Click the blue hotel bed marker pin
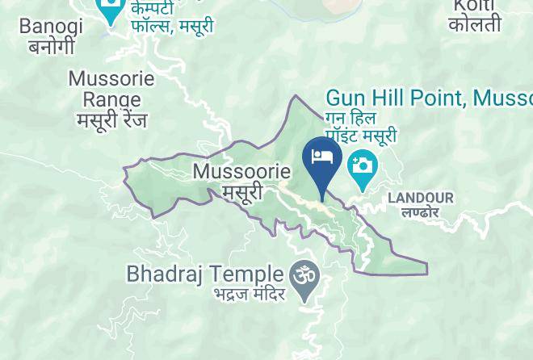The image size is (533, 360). pos(321,157)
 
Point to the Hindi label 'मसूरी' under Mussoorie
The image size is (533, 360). pos(242,192)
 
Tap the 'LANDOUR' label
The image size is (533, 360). pos(421,198)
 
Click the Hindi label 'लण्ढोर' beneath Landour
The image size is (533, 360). pos(420,213)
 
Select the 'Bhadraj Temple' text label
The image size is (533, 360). pos(205,274)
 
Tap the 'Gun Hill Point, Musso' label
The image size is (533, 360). pos(429,99)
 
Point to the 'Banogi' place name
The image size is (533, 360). pos(51,27)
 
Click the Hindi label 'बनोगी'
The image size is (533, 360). pos(52,46)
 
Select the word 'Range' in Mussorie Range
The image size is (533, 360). pos(111,100)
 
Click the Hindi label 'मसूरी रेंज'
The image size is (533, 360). pos(112,119)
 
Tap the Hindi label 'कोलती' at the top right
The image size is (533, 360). pos(475,25)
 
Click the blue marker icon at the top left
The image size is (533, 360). pos(111,11)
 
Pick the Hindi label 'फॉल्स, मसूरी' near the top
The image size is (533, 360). pos(172,26)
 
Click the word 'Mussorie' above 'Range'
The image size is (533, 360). pos(111,80)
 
